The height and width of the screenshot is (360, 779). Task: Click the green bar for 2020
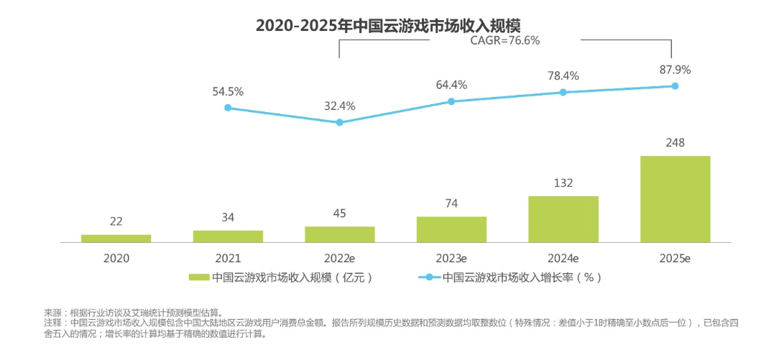[116, 238]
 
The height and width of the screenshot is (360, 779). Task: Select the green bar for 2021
[228, 236]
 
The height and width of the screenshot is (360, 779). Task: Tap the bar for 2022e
[339, 234]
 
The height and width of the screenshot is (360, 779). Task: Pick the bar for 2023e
[451, 229]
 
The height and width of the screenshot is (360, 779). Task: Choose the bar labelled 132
[563, 218]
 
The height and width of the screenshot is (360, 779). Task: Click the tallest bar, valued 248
[675, 198]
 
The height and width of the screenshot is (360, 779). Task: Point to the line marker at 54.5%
[228, 108]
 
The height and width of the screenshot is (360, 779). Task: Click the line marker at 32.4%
[339, 122]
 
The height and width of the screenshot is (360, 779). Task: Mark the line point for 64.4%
[451, 101]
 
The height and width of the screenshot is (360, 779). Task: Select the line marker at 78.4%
[563, 92]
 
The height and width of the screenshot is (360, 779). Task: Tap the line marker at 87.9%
[675, 86]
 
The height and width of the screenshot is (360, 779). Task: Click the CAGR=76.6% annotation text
[504, 41]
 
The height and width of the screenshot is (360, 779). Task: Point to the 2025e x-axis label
[675, 257]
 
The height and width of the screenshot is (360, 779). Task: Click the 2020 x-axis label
[116, 257]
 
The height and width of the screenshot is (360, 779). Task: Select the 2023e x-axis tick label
[451, 257]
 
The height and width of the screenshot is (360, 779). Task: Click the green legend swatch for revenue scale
[198, 277]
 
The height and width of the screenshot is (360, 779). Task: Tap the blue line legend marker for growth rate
[430, 277]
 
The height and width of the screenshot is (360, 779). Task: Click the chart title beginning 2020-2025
[389, 26]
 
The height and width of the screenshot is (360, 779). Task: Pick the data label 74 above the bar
[451, 203]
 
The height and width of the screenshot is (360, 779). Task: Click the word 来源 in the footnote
[53, 313]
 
